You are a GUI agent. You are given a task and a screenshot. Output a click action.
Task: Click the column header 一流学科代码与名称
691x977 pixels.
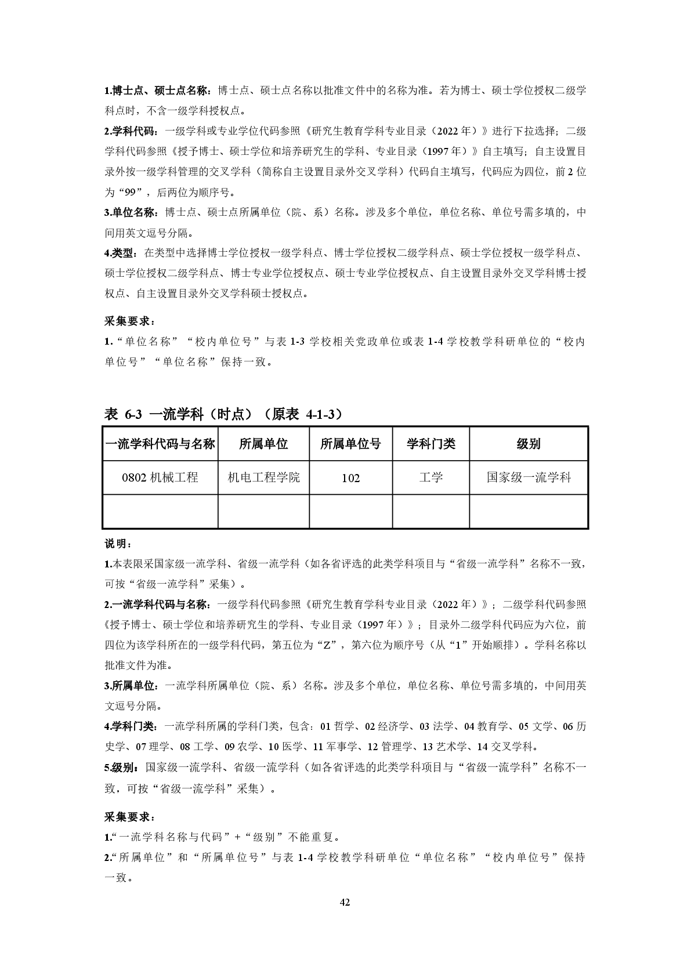(x=160, y=444)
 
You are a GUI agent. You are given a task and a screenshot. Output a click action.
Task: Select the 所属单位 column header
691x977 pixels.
(x=263, y=444)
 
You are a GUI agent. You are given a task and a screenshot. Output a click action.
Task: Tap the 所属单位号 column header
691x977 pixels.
(x=350, y=444)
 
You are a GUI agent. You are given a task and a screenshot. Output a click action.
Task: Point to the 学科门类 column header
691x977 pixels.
(x=430, y=444)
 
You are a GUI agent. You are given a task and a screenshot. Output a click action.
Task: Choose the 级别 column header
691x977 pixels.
(x=529, y=444)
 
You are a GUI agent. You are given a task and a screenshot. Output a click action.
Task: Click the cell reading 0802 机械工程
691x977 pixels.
(x=160, y=477)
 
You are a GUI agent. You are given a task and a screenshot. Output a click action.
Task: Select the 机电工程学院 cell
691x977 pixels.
(x=263, y=477)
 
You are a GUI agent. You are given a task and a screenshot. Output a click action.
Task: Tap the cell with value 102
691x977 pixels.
(x=350, y=478)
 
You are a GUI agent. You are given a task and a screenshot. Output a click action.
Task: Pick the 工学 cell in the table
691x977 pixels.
(x=430, y=477)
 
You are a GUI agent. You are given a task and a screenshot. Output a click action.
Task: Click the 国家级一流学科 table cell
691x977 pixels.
(x=529, y=477)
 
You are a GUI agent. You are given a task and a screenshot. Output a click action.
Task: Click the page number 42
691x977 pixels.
(x=345, y=902)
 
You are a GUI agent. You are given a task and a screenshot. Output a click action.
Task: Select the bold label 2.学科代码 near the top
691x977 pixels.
(x=132, y=131)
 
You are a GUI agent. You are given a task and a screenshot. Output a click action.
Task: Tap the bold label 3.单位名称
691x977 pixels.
(x=132, y=212)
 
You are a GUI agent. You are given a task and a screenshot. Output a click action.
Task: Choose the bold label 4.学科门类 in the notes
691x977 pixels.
(x=131, y=726)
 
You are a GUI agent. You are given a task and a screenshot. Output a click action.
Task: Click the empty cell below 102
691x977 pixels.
(x=350, y=511)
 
